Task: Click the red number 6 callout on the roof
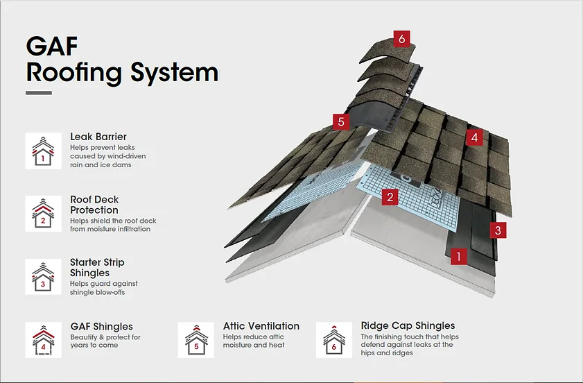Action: coord(402,38)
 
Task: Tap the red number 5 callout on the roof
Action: coord(340,122)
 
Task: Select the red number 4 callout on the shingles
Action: coord(474,137)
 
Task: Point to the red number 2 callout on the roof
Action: coord(391,197)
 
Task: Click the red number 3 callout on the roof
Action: coord(497,230)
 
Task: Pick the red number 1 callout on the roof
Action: coord(457,257)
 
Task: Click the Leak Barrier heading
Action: coord(98,137)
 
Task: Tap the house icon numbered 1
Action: coord(43,151)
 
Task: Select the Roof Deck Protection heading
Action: coord(94,205)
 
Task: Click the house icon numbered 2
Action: coord(43,213)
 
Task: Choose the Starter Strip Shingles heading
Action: coord(97,268)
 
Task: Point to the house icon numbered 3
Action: coord(43,277)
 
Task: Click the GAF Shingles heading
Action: coord(101,326)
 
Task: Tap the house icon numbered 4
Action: coord(43,340)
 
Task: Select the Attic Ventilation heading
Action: coord(261,325)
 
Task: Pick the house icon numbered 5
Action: coord(196,340)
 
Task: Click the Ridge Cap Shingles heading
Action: coord(408,325)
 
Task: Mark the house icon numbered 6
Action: coord(334,340)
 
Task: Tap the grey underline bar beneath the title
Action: coord(39,93)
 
